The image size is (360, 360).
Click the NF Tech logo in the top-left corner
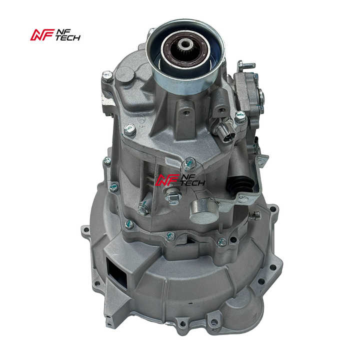pyautogui.click(x=55, y=35)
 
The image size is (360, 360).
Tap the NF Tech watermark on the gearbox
pyautogui.click(x=180, y=180)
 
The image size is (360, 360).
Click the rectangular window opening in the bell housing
pyautogui.click(x=116, y=272)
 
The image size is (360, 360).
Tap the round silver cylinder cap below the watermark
pyautogui.click(x=203, y=211)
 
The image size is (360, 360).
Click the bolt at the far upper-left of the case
pyautogui.click(x=107, y=76)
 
